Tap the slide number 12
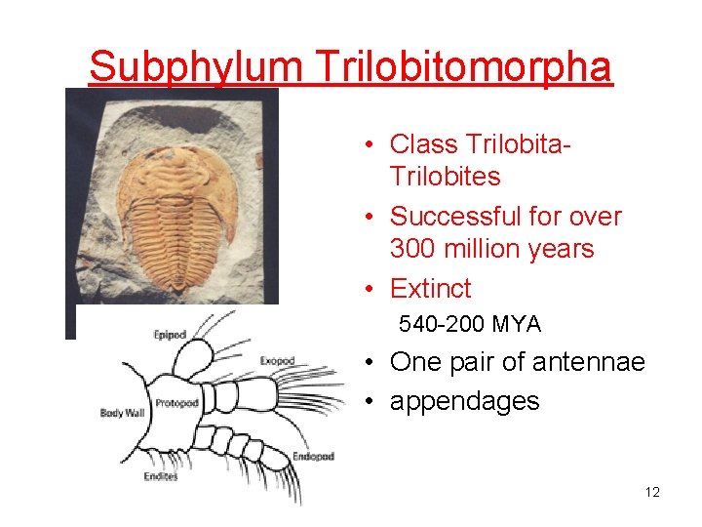pos(652,492)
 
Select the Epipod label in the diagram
pos(170,336)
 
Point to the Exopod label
pos(277,361)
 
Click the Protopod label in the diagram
pos(176,403)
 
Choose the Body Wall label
pos(122,414)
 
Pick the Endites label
pos(160,476)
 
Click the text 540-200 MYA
pos(469,324)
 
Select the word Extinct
pos(430,289)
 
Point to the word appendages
pos(464,401)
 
